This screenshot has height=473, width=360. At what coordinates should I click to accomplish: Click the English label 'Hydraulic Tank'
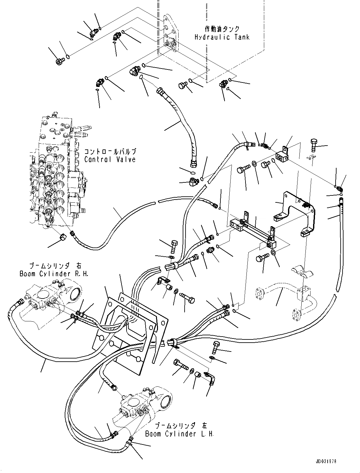pyautogui.click(x=222, y=37)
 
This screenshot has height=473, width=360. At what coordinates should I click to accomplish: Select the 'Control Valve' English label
pyautogui.click(x=110, y=159)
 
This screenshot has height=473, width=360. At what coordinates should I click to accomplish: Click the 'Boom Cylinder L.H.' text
pyautogui.click(x=179, y=434)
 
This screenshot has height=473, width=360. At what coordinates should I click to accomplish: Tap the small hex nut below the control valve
pyautogui.click(x=62, y=237)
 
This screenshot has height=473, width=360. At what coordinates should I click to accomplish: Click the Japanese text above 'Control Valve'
pyautogui.click(x=110, y=151)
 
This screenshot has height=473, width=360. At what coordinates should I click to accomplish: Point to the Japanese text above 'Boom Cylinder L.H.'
pyautogui.click(x=179, y=426)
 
